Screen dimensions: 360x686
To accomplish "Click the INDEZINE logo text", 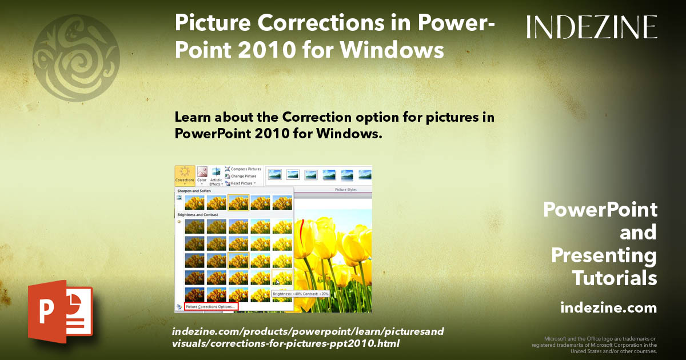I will (592, 27).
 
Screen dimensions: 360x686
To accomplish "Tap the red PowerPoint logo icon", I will (60, 311).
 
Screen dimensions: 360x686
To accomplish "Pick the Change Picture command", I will (244, 176).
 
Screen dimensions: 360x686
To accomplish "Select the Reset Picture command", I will (242, 183).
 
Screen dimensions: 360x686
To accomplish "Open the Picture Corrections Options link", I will (211, 307).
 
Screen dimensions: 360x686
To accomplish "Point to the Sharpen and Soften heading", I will (194, 191).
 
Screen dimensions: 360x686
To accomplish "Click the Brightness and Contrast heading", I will (197, 214).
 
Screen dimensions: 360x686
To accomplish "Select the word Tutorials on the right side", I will (615, 278).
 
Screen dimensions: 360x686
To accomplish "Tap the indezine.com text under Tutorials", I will (609, 308).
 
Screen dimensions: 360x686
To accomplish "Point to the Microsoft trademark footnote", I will (595, 345).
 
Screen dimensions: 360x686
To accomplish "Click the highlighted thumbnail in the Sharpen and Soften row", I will (238, 202).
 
